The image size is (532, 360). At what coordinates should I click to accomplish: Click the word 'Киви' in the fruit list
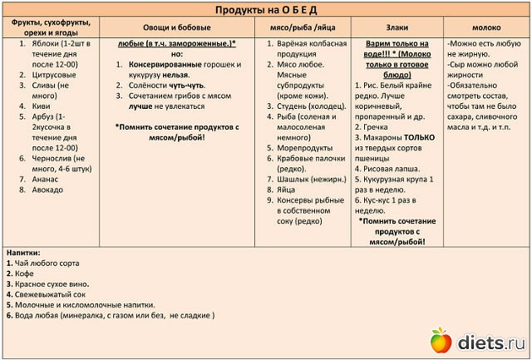(x=39, y=106)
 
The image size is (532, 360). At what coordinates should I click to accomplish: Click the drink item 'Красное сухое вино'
(x=47, y=284)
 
